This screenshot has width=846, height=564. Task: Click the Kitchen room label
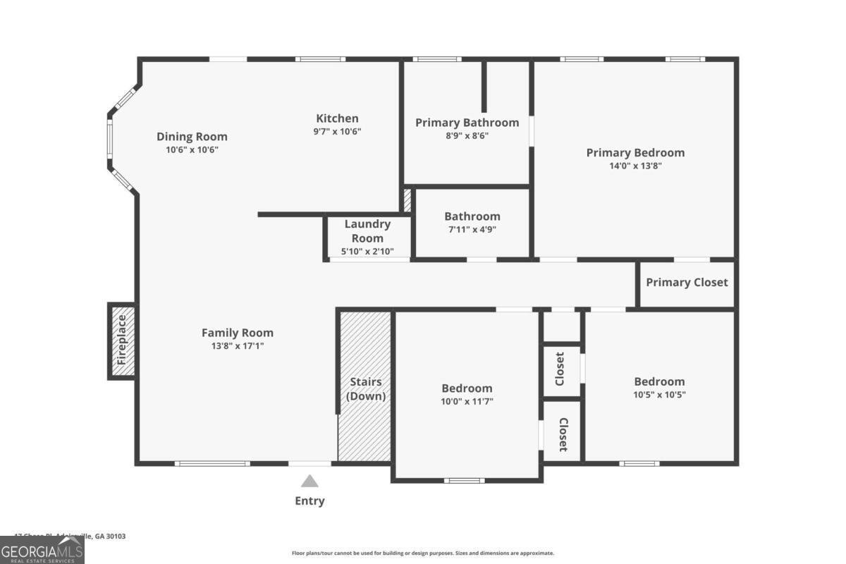point(337,118)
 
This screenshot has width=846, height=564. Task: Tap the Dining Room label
point(192,137)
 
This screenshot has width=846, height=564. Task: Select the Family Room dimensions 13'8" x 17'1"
point(238,345)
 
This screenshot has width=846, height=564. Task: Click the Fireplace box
point(121,341)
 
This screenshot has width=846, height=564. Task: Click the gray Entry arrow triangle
point(309,482)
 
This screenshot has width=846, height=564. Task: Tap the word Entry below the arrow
point(309,501)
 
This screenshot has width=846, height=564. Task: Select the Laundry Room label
point(367,231)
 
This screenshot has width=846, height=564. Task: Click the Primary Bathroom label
point(467,123)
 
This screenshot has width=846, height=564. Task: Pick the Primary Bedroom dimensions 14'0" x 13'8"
point(635,166)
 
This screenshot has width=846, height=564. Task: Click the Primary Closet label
point(687,282)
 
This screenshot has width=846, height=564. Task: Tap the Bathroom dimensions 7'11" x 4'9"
point(472,229)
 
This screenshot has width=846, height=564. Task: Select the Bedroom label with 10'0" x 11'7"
point(467,388)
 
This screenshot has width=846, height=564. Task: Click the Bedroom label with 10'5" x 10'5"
point(659,381)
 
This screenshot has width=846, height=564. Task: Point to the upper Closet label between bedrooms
point(560,369)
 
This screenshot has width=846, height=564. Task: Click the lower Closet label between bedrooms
point(563,434)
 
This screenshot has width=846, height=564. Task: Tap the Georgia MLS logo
point(42,550)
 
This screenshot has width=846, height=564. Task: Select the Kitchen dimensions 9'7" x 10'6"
point(337,131)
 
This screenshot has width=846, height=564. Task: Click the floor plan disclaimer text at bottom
point(423,553)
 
